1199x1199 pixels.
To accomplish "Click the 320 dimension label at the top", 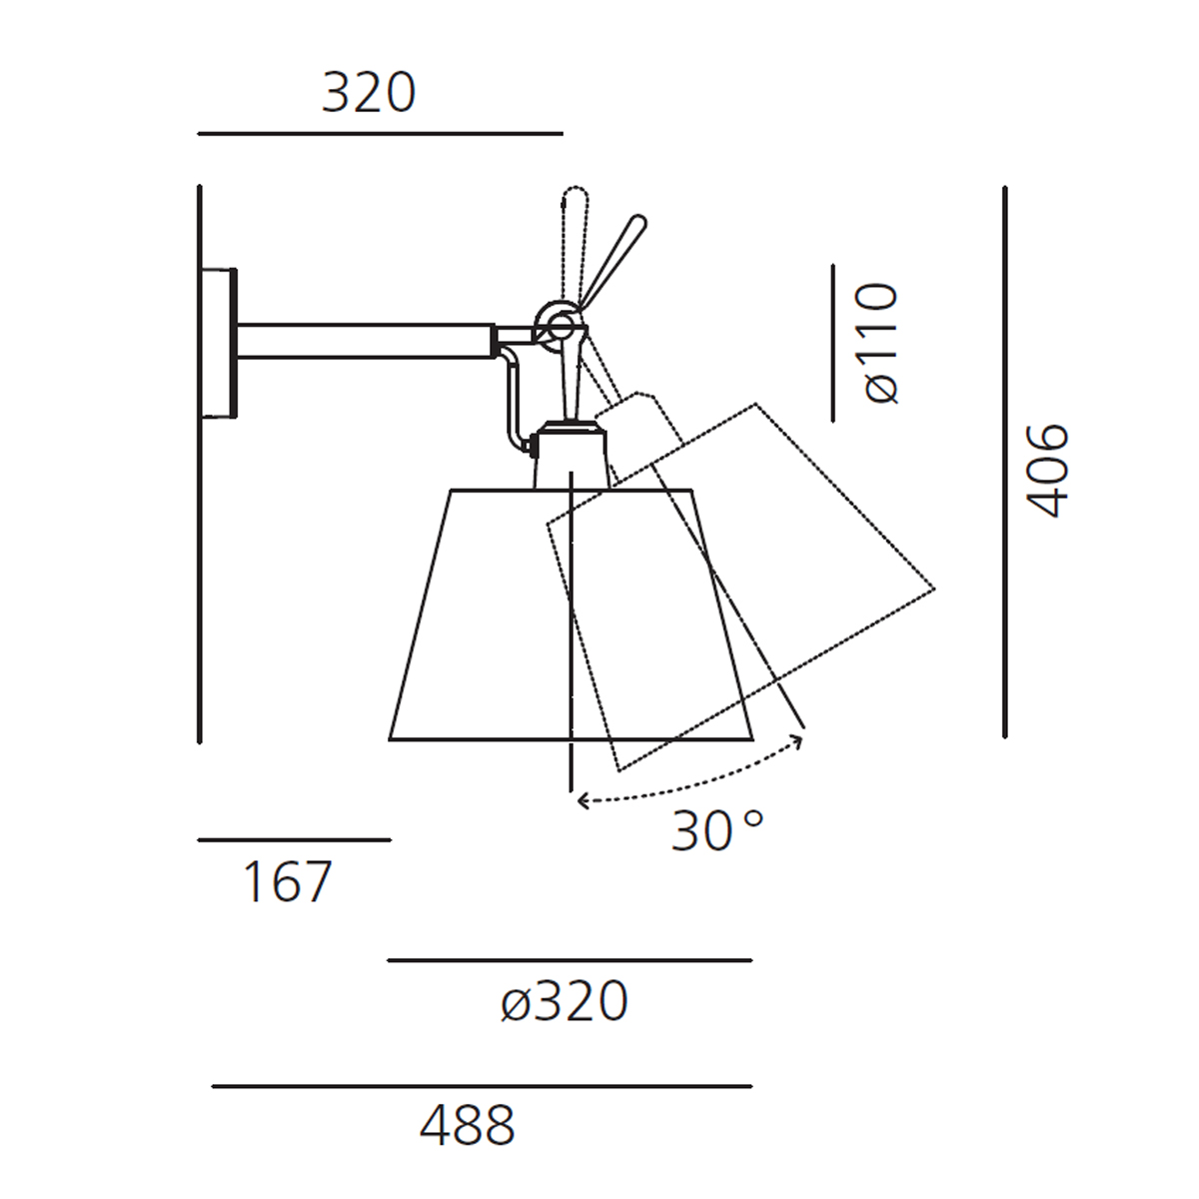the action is (x=369, y=93).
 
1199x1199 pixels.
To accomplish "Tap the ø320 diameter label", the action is (x=565, y=1001).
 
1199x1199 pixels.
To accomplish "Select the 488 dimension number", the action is (x=468, y=1126).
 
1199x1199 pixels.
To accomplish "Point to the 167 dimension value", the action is (x=287, y=881).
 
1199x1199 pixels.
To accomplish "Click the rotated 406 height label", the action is (x=1047, y=471).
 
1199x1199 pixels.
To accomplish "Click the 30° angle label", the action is (x=717, y=832).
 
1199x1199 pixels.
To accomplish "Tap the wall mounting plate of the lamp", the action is (x=219, y=343).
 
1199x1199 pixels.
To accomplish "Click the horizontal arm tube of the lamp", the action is (x=366, y=341).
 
